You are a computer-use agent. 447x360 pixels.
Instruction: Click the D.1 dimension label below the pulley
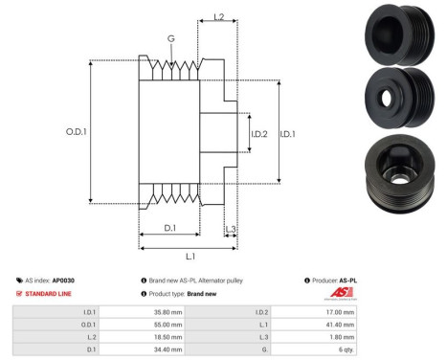[x=168, y=227]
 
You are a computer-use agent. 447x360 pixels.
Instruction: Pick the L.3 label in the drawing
[x=231, y=227]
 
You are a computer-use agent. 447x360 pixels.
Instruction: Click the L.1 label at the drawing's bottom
[x=190, y=256]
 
